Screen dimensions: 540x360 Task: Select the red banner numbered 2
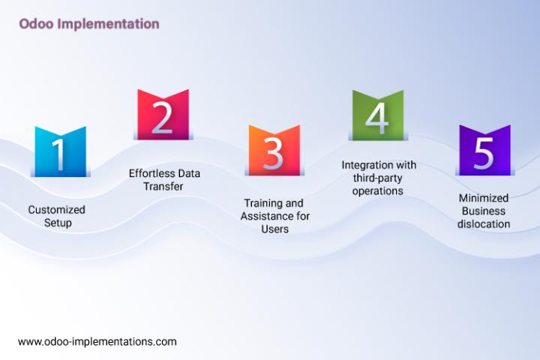click(x=163, y=115)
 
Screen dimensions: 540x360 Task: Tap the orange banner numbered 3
click(x=274, y=151)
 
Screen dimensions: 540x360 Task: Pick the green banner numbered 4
click(x=378, y=115)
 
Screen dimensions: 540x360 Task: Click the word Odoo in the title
click(x=36, y=24)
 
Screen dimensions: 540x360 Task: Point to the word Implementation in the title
click(x=108, y=24)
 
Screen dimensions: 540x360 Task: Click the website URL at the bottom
click(x=97, y=342)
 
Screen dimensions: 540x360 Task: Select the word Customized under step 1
click(x=56, y=209)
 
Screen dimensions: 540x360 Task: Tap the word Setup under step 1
click(x=58, y=223)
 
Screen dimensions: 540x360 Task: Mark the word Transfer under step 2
click(x=163, y=186)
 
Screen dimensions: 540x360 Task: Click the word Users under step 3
click(x=274, y=229)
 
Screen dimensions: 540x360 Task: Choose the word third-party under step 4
click(x=377, y=178)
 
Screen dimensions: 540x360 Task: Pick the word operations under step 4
click(x=377, y=191)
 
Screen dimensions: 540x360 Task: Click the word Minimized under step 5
click(x=484, y=198)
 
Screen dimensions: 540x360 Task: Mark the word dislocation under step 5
click(x=484, y=224)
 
